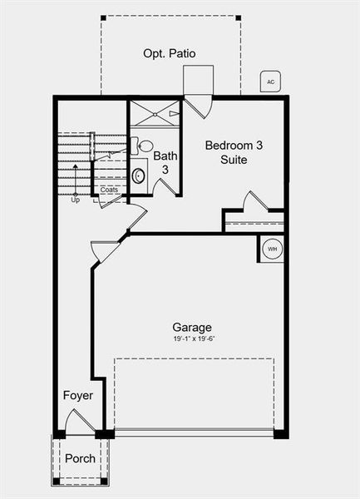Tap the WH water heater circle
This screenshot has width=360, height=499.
pyautogui.click(x=272, y=249)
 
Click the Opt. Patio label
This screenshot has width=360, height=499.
pyautogui.click(x=170, y=53)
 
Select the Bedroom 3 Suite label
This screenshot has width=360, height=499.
pyautogui.click(x=234, y=152)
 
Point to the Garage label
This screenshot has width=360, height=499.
pyautogui.click(x=192, y=327)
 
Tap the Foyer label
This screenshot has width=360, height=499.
pyautogui.click(x=78, y=395)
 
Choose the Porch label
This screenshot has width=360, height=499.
pyautogui.click(x=80, y=458)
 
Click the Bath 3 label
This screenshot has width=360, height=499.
pyautogui.click(x=165, y=162)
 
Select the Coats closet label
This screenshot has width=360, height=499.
pyautogui.click(x=110, y=190)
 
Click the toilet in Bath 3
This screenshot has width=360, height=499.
pyautogui.click(x=144, y=147)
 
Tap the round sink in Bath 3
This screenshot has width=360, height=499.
pyautogui.click(x=139, y=175)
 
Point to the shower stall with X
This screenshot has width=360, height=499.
pyautogui.click(x=154, y=113)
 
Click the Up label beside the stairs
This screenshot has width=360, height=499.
pyautogui.click(x=75, y=200)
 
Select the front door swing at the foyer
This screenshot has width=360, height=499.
pyautogui.click(x=80, y=420)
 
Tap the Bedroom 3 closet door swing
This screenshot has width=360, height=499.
pyautogui.click(x=253, y=201)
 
